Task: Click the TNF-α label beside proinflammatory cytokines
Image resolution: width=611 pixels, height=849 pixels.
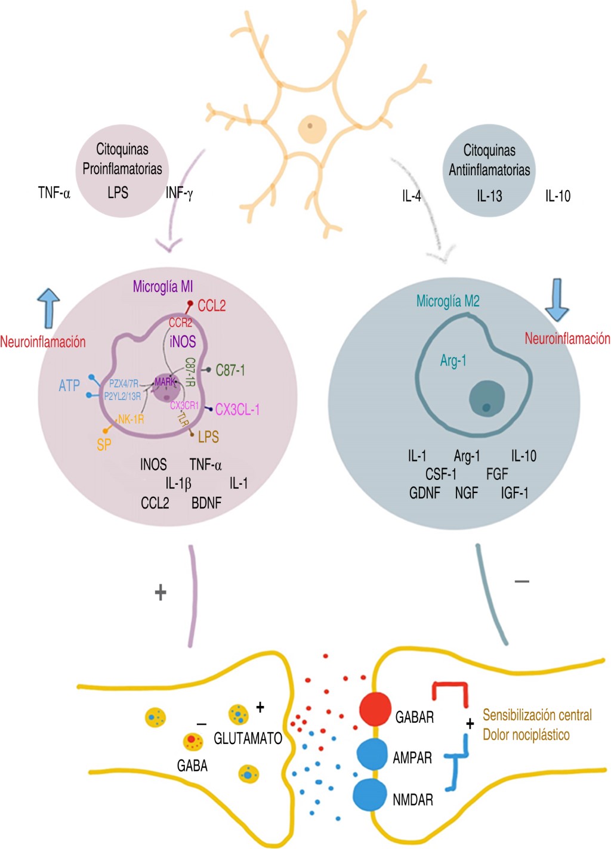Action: (54, 193)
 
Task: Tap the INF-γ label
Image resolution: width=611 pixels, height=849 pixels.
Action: (179, 193)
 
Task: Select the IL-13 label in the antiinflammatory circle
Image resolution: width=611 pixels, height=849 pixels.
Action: (489, 196)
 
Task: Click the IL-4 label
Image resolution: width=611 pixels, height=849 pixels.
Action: (411, 196)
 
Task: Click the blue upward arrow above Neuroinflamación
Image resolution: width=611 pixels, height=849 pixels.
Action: (48, 307)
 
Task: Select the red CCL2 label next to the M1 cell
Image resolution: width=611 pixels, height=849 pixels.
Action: (211, 306)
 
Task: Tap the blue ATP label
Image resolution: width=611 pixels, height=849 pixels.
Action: (69, 386)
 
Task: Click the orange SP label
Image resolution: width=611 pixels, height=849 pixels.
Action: (104, 444)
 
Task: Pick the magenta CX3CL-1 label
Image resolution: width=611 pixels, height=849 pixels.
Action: (237, 410)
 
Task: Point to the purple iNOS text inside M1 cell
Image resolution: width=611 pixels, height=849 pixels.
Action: (183, 342)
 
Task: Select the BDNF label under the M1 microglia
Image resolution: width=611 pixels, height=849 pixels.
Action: (206, 503)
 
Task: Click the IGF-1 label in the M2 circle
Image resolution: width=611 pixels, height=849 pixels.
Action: (514, 493)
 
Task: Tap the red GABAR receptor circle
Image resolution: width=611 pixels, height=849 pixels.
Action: (375, 709)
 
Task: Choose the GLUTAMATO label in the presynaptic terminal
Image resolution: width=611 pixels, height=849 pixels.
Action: (248, 739)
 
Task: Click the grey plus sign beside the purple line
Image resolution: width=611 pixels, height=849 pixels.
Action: (161, 592)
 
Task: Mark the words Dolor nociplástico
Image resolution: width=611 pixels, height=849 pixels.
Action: (526, 735)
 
